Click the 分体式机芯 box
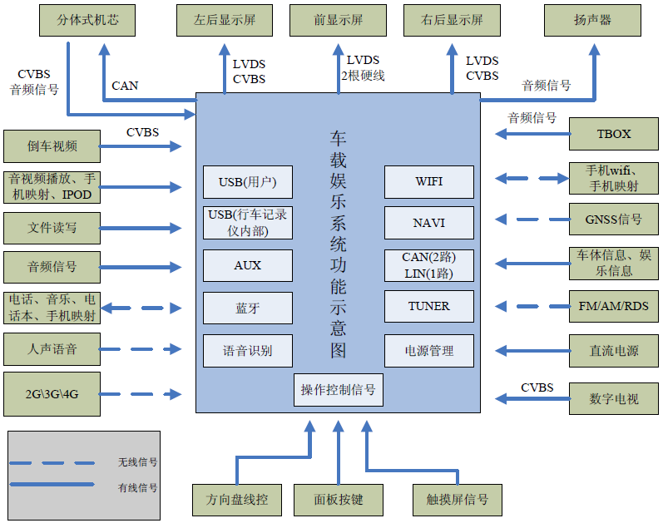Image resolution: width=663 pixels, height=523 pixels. coord(87,20)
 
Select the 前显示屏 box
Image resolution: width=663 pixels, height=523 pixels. coord(338,20)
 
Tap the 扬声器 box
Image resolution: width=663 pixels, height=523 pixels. coord(592,20)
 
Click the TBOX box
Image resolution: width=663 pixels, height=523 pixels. coord(614,134)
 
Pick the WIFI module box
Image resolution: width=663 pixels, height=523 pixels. coord(428,182)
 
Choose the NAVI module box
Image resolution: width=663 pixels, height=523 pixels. coord(428,223)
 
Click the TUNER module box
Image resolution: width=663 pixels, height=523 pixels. coord(428,306)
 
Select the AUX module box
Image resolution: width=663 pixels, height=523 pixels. coord(248,265)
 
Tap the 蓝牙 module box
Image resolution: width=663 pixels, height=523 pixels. coord(248,308)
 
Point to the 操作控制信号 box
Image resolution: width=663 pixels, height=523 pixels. coord(339,390)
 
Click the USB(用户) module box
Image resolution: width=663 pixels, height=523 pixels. coord(248,182)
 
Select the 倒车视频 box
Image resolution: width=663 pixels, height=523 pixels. coord(52,146)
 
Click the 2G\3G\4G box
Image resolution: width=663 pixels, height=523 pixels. coord(52,394)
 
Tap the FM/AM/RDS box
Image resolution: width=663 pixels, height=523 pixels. coord(614,306)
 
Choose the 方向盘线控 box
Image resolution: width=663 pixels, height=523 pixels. coord(237,501)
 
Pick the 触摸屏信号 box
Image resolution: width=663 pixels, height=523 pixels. coord(457,501)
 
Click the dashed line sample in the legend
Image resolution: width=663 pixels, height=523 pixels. coord(52,463)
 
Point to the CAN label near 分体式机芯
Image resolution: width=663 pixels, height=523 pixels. coord(125,86)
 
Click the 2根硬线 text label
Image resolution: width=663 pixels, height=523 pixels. coord(363,76)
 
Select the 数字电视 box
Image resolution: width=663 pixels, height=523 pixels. coord(614,399)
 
